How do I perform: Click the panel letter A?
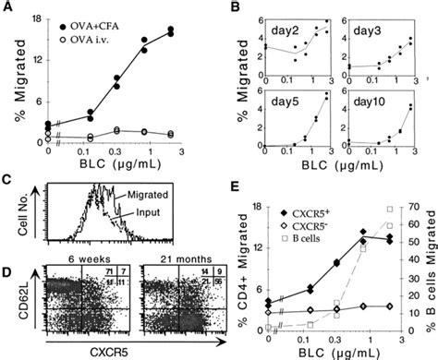[8, 7]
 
